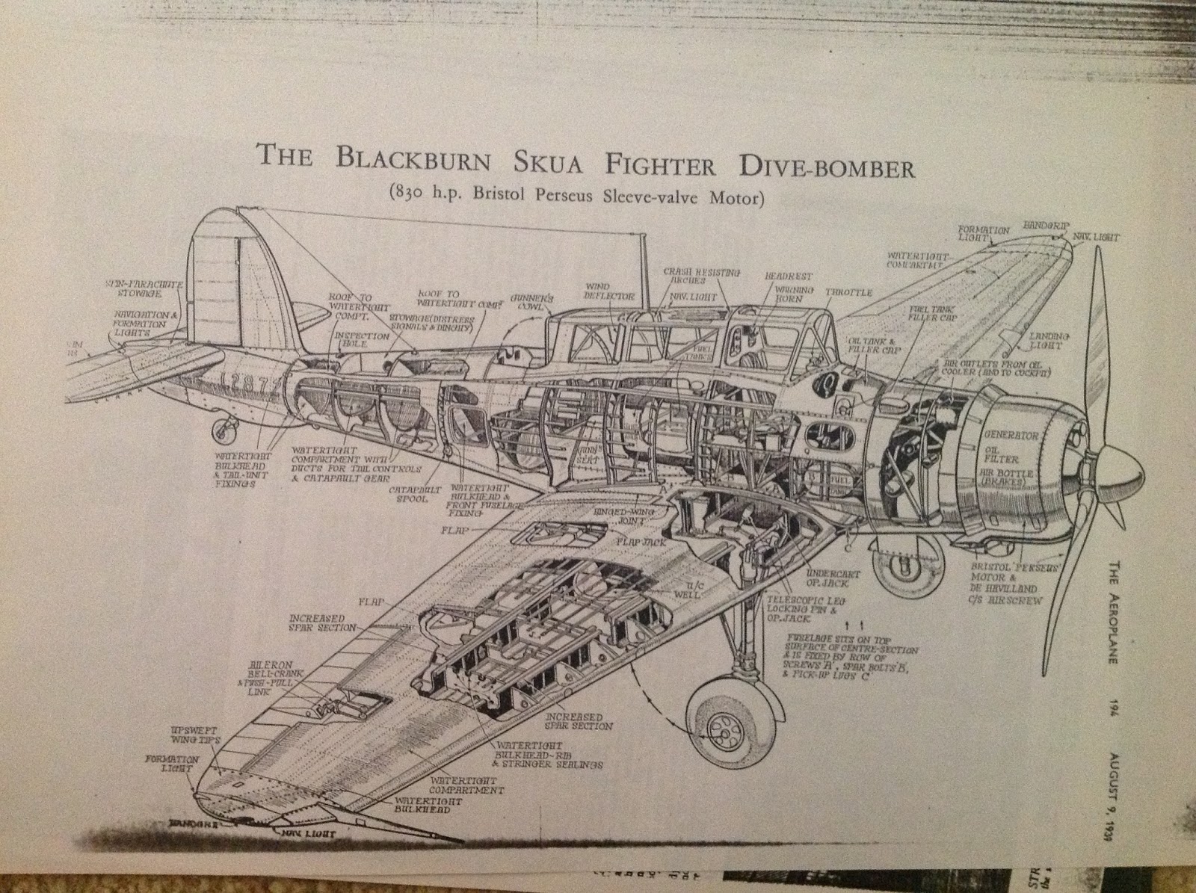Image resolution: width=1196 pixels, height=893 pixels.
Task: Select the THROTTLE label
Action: [848, 292]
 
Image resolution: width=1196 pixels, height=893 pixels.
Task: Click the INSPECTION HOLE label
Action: [363, 341]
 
